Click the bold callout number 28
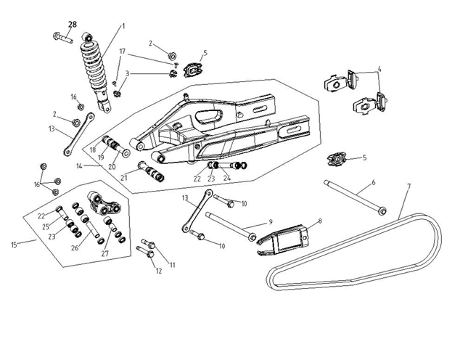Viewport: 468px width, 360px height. tap(73, 25)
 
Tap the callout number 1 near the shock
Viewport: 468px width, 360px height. tap(123, 26)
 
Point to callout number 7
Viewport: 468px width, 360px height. tap(409, 187)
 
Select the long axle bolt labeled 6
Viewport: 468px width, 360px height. tap(356, 197)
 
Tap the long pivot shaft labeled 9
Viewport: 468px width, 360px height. tap(231, 225)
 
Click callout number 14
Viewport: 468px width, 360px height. tap(79, 166)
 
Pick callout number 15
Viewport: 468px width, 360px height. tap(14, 245)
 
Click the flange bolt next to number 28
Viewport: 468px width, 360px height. tap(62, 38)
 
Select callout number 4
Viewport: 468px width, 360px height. tap(379, 69)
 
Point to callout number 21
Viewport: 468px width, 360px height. tap(124, 178)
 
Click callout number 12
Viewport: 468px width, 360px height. tap(159, 271)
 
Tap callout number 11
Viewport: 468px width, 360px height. tap(173, 265)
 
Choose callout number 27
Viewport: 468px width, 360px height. tap(104, 253)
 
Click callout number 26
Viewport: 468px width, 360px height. tap(75, 247)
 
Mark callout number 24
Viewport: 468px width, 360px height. tap(227, 178)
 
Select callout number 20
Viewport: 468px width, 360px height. tap(112, 166)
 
